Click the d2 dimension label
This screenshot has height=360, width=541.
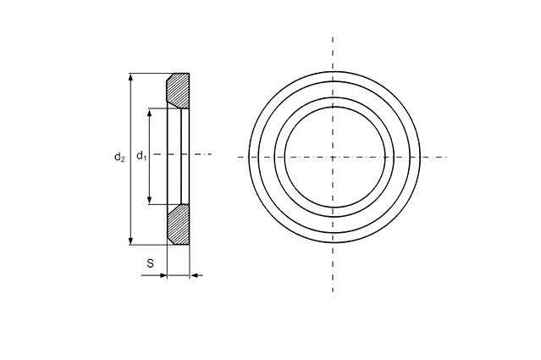119,158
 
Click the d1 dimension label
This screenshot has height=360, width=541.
141,156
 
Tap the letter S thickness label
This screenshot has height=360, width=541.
151,263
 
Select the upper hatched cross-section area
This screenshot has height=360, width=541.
178,90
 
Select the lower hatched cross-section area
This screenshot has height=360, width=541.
178,224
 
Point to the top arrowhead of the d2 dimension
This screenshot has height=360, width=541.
130,77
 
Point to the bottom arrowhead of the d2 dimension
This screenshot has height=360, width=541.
130,241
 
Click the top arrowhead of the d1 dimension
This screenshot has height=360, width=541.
149,113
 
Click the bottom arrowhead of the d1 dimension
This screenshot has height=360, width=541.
149,200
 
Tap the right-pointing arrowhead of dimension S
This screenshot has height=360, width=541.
163,275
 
